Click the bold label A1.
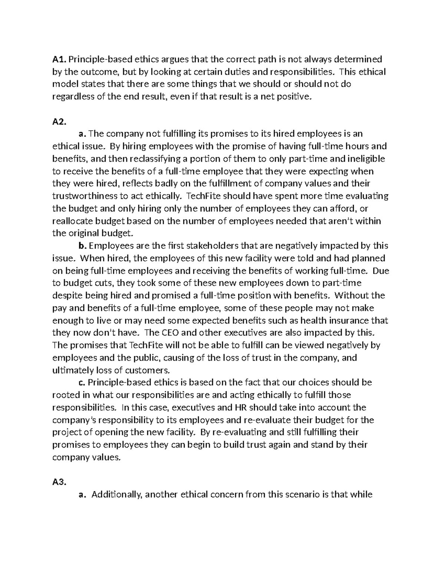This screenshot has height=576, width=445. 59,59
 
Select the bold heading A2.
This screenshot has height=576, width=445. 59,121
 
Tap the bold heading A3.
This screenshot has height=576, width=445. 59,482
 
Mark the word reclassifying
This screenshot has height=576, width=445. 142,159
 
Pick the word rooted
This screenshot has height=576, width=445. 65,395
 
